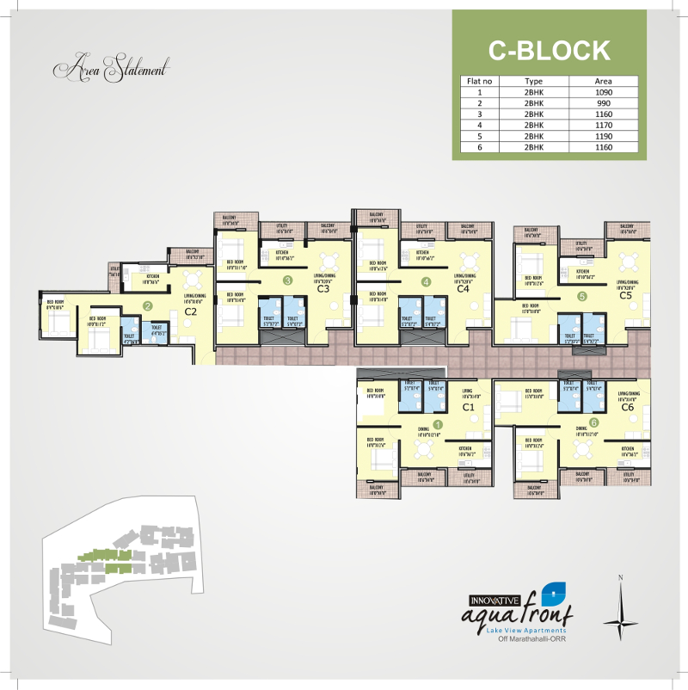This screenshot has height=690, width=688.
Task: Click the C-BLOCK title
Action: pos(549,50)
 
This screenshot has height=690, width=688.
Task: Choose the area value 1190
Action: pos(603,135)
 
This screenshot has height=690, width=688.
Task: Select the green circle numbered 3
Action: pos(288,280)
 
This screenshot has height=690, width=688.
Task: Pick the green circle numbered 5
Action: pos(582,296)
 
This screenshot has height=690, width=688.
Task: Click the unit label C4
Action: pos(464,289)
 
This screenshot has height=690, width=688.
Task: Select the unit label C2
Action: pos(191,311)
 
